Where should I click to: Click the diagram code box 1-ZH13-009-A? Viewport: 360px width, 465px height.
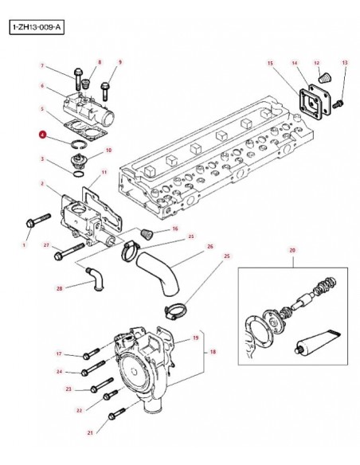coord(37,27)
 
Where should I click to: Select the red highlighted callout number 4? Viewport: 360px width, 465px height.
coord(43,135)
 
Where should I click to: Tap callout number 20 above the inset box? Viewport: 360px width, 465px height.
coord(292,250)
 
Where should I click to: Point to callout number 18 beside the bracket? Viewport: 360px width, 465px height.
coord(213,352)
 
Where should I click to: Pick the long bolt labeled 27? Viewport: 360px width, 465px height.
coord(69,252)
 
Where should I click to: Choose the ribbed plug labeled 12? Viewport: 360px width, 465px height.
coord(325,78)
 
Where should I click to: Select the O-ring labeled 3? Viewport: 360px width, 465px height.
coord(79,174)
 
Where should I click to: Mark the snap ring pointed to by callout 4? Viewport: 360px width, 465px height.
coord(79,144)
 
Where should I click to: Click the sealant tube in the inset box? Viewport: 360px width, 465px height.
coord(317,341)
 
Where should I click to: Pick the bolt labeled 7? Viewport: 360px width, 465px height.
coord(78,79)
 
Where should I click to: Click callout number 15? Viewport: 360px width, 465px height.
coord(270,63)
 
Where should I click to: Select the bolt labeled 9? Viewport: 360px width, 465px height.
coord(105,92)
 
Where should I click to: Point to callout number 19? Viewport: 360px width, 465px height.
coord(196,338)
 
